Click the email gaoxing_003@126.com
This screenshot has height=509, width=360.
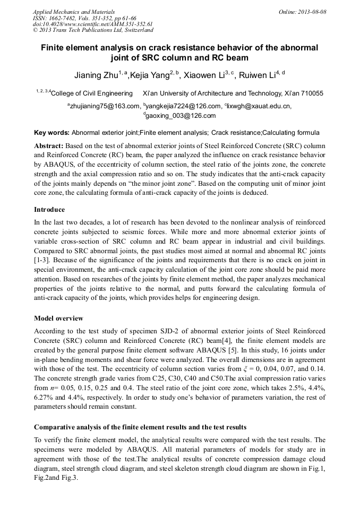(x=181, y=115)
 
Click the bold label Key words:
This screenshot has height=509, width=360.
(x=52, y=133)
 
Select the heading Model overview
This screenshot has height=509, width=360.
(x=58, y=318)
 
